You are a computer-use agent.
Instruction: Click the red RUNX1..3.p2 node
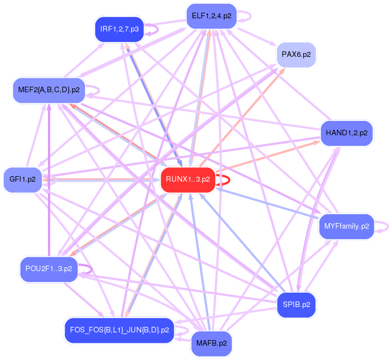[x=188, y=179]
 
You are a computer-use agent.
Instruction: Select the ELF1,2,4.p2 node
[x=211, y=16]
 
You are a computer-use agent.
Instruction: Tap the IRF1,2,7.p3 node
[x=119, y=29]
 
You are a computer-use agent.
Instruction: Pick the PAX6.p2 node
[x=296, y=55]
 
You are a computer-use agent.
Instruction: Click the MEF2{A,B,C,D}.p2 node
[x=49, y=89]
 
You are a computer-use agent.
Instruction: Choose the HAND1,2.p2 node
[x=346, y=133]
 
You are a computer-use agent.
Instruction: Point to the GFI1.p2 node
[x=23, y=179]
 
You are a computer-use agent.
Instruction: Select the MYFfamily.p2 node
[x=346, y=226]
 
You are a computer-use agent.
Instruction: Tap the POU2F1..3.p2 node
[x=49, y=269]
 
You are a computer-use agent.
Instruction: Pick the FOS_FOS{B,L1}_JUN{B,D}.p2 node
[x=119, y=330]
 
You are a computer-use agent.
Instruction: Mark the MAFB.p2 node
[x=211, y=343]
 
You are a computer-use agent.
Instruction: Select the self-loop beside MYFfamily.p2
[x=386, y=226]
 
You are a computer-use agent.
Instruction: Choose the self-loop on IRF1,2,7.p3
[x=156, y=29]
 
